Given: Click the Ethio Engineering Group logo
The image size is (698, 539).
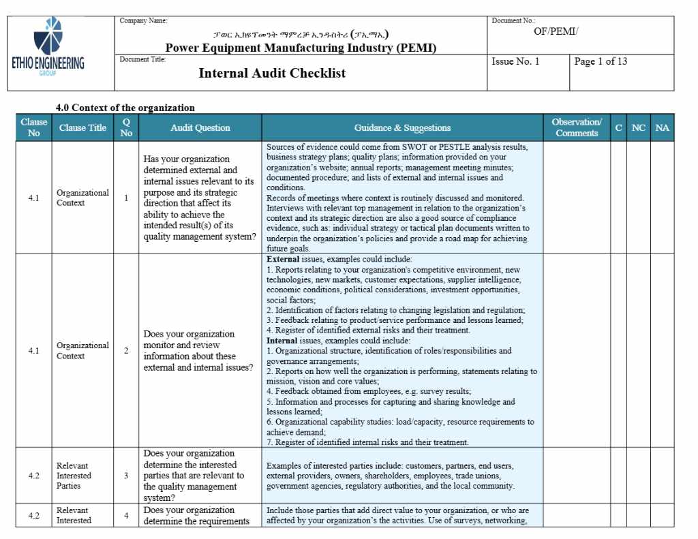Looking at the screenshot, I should [x=48, y=48].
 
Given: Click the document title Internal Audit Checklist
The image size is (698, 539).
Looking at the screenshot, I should [x=272, y=73].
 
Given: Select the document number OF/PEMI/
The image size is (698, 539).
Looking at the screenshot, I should [x=556, y=31].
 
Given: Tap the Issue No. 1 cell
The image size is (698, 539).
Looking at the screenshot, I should [x=515, y=61].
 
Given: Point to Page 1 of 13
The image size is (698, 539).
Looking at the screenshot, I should [x=601, y=61].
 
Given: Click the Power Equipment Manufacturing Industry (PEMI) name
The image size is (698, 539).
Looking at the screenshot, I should [x=301, y=48].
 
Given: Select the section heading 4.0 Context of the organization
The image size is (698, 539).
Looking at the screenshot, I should [x=125, y=108].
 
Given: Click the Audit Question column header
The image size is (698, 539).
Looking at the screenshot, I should [x=200, y=127].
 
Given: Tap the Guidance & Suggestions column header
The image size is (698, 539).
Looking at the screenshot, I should [x=402, y=127].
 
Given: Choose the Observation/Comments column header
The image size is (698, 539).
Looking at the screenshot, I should [x=577, y=127].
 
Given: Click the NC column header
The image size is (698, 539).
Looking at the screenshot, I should [x=638, y=127].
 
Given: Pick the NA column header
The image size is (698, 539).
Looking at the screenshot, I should [x=662, y=127].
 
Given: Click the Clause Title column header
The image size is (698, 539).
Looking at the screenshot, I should [x=82, y=127].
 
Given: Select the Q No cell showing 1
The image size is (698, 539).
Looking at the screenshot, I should [x=126, y=198].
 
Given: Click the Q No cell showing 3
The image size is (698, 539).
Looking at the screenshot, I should [x=126, y=476].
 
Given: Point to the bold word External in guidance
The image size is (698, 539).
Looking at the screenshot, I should [x=283, y=260].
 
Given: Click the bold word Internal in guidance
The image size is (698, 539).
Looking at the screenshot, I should [x=282, y=340].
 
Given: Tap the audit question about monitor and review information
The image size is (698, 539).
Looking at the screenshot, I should [x=198, y=351].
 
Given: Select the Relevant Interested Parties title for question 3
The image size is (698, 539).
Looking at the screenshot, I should [x=73, y=476].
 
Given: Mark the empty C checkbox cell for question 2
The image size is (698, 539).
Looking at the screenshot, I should [x=618, y=351].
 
